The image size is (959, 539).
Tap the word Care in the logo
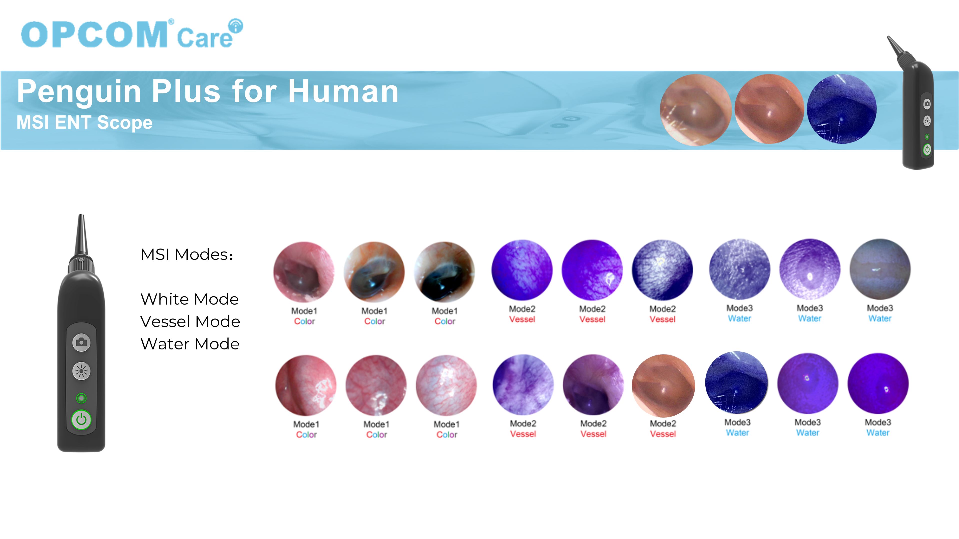pos(204,38)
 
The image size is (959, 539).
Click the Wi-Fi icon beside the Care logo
pos(236,26)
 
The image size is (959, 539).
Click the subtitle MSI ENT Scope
pos(84,122)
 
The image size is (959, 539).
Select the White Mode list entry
pos(189,299)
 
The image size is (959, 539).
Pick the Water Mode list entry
pos(190,344)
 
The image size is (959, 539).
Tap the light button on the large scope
pos(81,371)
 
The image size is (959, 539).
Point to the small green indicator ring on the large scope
pos(81,398)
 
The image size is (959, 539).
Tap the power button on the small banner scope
pos(927,149)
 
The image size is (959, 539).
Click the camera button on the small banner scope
pos(927,104)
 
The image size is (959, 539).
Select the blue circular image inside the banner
pos(841,109)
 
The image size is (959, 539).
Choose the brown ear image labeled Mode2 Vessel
pos(663,385)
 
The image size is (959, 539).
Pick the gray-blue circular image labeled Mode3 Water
pos(880,269)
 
